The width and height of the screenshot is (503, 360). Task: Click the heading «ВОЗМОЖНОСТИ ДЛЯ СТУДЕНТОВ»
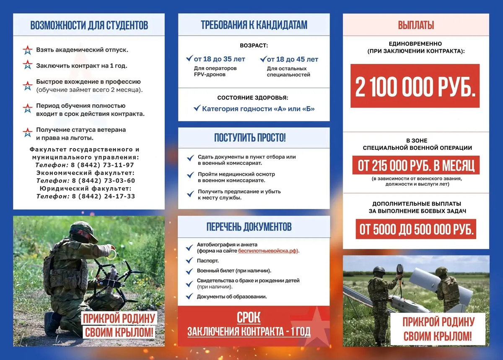89,25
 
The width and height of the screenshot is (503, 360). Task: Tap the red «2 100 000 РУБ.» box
415,86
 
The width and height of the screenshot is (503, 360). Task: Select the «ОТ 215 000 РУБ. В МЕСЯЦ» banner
416,166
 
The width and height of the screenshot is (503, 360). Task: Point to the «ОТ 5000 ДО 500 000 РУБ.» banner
416,229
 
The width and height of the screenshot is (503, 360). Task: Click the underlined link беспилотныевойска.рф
268,250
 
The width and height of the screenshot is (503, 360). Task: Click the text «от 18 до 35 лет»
219,59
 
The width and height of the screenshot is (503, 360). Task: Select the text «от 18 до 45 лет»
293,59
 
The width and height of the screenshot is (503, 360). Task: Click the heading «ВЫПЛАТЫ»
416,25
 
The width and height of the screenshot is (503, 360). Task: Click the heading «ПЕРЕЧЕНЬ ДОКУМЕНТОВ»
249,227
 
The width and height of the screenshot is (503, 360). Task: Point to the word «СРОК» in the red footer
249,317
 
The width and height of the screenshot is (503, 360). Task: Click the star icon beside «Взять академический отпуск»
28,50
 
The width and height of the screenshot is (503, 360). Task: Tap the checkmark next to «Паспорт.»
189,261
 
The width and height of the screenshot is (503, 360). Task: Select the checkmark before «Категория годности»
197,108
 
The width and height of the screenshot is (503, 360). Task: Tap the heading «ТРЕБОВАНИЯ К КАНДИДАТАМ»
254,25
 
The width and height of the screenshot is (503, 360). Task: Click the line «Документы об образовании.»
232,296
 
